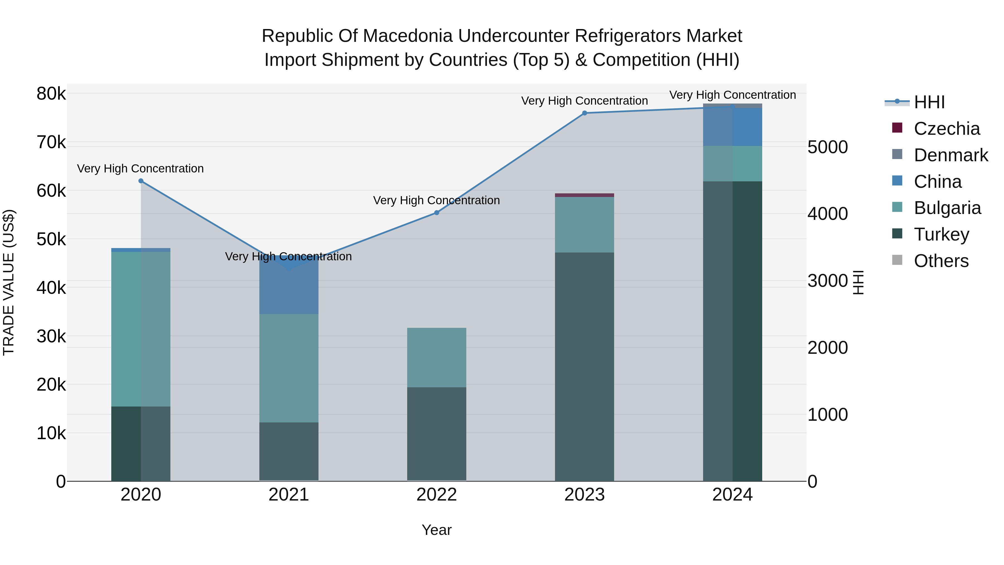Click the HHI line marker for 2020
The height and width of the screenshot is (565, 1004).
click(x=141, y=181)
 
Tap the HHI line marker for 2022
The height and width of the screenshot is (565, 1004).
click(x=436, y=213)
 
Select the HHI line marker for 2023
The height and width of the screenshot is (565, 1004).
click(x=584, y=113)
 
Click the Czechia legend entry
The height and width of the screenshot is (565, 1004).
click(x=946, y=129)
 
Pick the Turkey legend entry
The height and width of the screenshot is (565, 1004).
click(x=941, y=234)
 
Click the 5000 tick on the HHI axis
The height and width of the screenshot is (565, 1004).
click(x=827, y=147)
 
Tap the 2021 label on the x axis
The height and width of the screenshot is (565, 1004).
click(x=288, y=495)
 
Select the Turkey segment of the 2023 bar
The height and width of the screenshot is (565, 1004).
click(x=584, y=367)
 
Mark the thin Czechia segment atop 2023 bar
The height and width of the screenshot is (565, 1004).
click(x=584, y=195)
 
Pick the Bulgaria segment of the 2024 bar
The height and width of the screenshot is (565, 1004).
click(x=732, y=164)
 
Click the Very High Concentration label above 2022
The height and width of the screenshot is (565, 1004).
click(x=436, y=200)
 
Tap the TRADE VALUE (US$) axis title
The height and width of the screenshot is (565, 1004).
click(x=9, y=282)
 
